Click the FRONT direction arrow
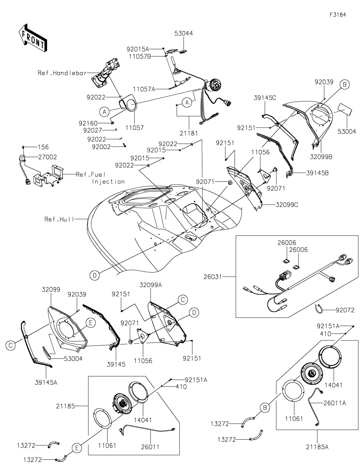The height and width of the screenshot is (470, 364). tap(33, 38)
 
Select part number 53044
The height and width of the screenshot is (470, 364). tap(184, 33)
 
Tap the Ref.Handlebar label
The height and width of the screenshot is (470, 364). tap(62, 73)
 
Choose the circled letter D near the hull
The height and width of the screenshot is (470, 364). tap(95, 275)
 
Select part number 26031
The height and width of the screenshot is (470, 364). tap(221, 277)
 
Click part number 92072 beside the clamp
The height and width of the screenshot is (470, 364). tap(345, 310)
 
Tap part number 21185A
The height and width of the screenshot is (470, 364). tap(317, 447)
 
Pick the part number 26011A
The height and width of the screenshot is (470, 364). tap(335, 403)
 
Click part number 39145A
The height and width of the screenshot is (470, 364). tap(46, 382)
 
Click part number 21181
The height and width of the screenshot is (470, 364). tap(190, 133)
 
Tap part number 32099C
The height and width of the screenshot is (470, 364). tap(287, 205)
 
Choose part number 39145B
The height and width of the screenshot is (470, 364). tap(317, 173)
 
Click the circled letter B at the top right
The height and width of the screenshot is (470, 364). tap(345, 85)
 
